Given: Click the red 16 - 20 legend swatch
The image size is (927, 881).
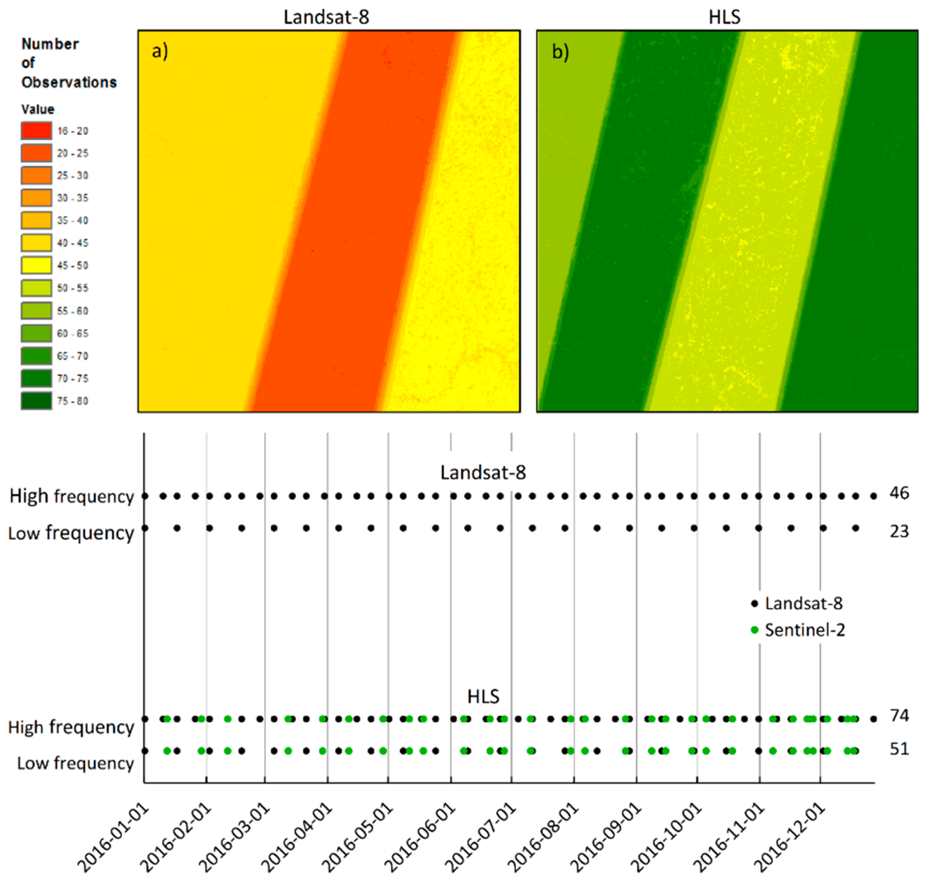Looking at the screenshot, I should click(36, 131).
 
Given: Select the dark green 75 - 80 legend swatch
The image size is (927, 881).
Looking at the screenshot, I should click(36, 401).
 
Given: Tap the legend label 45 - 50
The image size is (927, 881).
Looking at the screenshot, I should click(73, 265).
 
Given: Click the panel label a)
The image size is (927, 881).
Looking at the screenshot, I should click(160, 51).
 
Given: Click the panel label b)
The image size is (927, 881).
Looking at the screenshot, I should click(560, 52).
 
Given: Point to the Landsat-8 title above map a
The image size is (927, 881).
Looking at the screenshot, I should click(326, 17).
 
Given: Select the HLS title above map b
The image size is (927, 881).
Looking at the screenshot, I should click(724, 17).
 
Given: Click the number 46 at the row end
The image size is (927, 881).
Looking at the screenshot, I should click(899, 493).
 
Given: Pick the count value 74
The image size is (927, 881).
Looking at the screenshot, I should click(899, 715).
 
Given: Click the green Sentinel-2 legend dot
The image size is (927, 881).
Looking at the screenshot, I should click(755, 630).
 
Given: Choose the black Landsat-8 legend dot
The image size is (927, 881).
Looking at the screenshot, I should click(755, 603).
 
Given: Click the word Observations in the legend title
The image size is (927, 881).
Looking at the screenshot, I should click(69, 82).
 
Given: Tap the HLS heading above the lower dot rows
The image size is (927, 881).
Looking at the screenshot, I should click(483, 696).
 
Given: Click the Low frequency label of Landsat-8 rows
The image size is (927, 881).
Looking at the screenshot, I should click(71, 533).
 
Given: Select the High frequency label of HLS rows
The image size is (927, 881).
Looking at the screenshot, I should click(71, 727).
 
